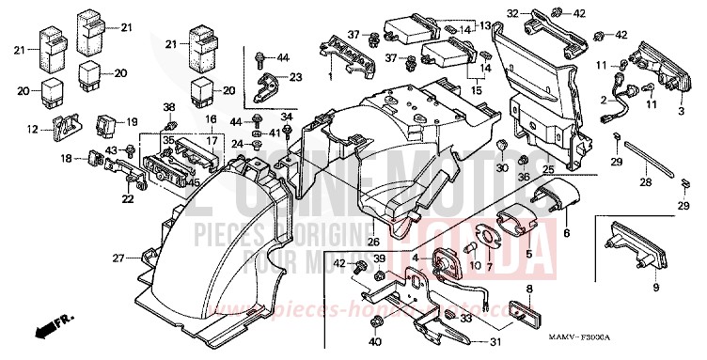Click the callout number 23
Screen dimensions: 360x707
(296, 77)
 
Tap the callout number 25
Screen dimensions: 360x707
(547, 167)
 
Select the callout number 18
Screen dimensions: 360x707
(67, 160)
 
